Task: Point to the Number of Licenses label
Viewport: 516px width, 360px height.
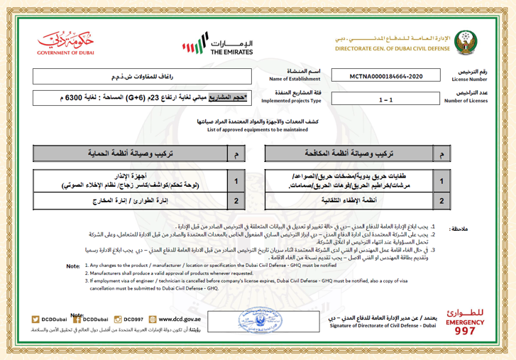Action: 467,101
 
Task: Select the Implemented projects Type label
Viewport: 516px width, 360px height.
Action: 287,101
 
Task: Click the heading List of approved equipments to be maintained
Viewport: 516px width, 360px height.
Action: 258,129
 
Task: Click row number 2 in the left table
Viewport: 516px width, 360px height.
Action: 235,201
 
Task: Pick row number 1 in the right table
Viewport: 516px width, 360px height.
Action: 441,181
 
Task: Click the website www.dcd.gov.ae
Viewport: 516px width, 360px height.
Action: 176,320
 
